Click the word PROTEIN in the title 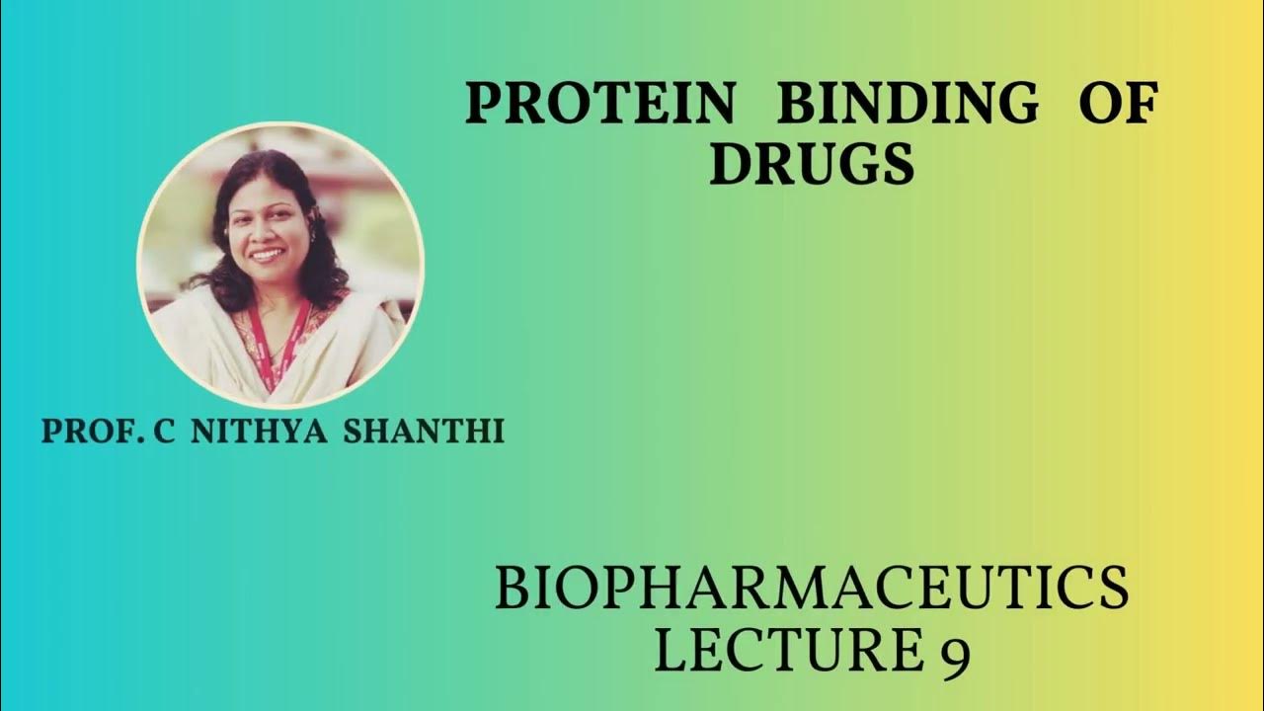click(x=600, y=104)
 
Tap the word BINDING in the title click(x=908, y=104)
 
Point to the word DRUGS click(x=811, y=164)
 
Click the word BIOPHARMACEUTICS click(x=811, y=588)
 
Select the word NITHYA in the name click(x=260, y=432)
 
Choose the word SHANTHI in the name click(x=424, y=432)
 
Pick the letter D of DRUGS click(x=729, y=164)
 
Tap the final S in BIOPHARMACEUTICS click(x=1113, y=588)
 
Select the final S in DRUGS click(x=897, y=164)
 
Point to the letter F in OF click(x=1140, y=104)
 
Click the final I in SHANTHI click(x=499, y=432)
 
